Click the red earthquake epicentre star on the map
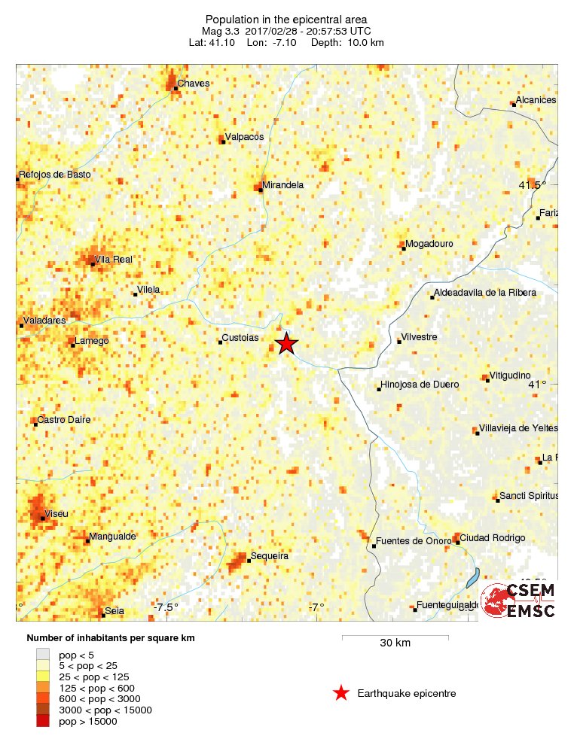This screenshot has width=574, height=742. (286, 344)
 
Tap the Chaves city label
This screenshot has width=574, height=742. (193, 83)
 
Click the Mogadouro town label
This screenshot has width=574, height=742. (429, 244)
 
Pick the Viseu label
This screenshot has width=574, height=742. (56, 514)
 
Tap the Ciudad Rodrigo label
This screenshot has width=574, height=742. (492, 538)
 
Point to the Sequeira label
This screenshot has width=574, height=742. (269, 556)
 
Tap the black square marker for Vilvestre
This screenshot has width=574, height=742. (399, 342)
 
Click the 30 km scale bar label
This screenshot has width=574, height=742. (395, 643)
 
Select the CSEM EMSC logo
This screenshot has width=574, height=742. (518, 600)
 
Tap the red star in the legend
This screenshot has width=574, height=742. (341, 693)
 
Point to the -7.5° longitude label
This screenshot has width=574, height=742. (166, 607)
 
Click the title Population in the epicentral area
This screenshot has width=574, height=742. (286, 20)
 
